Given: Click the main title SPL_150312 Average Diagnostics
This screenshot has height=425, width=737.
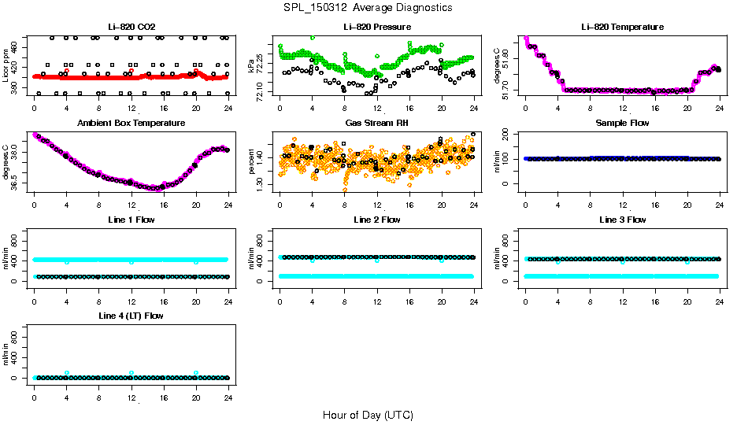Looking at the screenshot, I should (x=368, y=7).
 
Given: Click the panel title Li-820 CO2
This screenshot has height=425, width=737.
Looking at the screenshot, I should (x=131, y=28).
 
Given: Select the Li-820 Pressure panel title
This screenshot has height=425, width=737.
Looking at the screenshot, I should (x=377, y=28).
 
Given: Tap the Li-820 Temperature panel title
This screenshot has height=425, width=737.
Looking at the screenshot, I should (x=622, y=28).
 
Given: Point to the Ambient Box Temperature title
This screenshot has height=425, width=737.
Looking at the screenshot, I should (x=131, y=124).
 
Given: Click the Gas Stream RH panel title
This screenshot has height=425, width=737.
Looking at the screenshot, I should (x=377, y=124).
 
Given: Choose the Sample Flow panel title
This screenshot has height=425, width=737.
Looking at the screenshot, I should (x=622, y=124).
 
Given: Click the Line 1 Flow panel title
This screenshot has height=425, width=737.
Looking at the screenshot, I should (x=131, y=220).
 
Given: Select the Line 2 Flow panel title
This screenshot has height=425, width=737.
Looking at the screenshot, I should (x=377, y=220).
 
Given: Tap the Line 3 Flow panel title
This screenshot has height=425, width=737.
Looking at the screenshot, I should (x=622, y=220).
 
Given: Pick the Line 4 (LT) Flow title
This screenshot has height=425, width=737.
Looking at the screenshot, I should (x=131, y=316).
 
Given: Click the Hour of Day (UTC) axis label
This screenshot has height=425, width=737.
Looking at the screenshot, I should (x=368, y=415).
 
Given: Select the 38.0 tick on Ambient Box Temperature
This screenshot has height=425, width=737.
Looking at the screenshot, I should (x=17, y=156).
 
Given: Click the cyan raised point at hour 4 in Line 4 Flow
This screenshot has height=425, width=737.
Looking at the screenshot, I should (x=67, y=373).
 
